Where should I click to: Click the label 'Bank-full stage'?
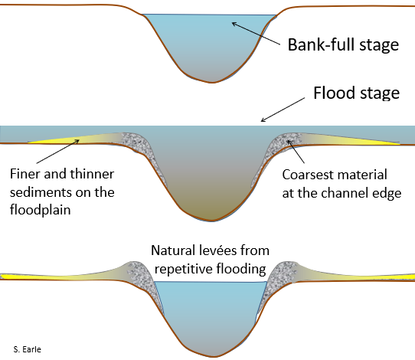click(x=343, y=44)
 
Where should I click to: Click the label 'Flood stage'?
click(x=357, y=93)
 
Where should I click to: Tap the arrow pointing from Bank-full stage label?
click(x=257, y=34)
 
